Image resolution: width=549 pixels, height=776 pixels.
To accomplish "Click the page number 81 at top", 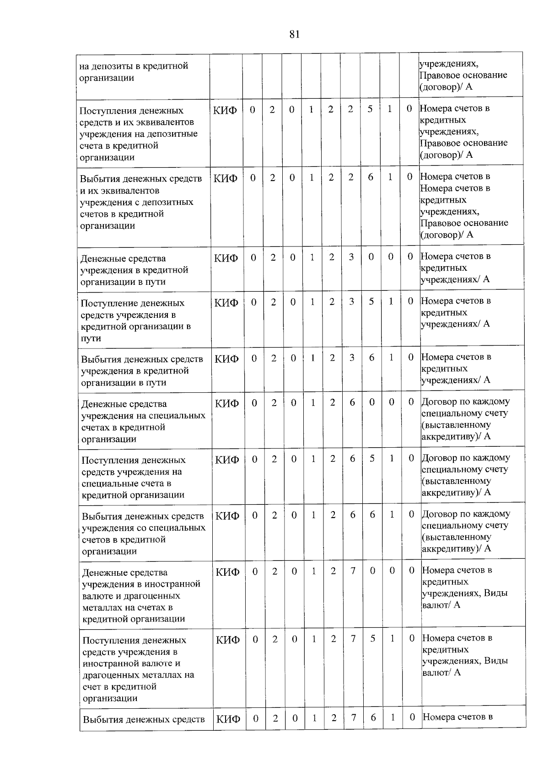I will [x=294, y=34].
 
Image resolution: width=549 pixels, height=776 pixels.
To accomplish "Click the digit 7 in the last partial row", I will [x=354, y=717].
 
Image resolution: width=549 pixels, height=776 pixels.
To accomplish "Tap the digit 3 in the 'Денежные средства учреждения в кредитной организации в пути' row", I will [x=351, y=257].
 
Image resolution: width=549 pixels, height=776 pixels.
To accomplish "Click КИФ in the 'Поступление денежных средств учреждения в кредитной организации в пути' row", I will [x=226, y=302].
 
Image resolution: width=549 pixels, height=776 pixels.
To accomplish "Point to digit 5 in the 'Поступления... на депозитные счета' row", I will [x=370, y=109].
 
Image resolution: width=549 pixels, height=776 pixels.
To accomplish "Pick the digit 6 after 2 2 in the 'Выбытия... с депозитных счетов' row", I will [x=371, y=177].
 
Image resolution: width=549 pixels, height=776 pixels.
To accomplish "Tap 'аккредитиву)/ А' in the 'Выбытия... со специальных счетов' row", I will [x=456, y=548].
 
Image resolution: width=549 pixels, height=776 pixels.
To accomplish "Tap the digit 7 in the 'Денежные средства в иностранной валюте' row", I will [x=353, y=571].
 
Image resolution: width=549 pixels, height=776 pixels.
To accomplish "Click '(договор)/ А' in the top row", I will [x=446, y=86].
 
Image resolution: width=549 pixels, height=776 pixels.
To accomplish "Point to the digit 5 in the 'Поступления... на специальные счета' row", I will [x=372, y=458].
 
